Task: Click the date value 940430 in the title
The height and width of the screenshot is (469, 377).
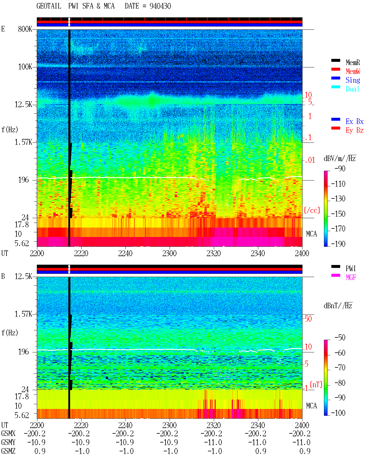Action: point(160,6)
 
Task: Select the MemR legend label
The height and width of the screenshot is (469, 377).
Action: point(353,62)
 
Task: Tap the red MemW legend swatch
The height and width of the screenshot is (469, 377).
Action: point(335,69)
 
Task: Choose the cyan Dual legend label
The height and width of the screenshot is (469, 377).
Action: point(352,89)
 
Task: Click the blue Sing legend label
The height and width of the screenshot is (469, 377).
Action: point(353,80)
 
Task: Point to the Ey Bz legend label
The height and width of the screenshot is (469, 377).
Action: point(354,130)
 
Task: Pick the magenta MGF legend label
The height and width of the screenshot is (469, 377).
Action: point(351,277)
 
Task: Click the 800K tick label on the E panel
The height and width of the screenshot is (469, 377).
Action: point(25,29)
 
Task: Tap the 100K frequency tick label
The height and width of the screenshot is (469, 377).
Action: point(25,67)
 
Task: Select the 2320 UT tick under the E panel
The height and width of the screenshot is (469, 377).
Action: point(214,253)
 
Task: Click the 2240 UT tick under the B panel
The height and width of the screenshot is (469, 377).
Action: point(125,425)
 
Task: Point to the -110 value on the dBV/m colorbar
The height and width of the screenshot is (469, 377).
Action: point(338,184)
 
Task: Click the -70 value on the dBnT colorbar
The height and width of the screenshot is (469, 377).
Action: point(340,367)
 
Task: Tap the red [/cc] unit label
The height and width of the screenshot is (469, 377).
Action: point(312,210)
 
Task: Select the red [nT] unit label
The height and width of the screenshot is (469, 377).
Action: point(316,385)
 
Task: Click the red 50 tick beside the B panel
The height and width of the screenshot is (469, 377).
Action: point(308,319)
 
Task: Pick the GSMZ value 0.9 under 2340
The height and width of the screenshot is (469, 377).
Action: point(261,451)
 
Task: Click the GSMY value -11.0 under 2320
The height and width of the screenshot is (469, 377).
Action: point(213,442)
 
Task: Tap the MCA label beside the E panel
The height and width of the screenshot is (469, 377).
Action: point(311,234)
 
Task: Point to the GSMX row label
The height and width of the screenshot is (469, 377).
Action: point(8,433)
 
